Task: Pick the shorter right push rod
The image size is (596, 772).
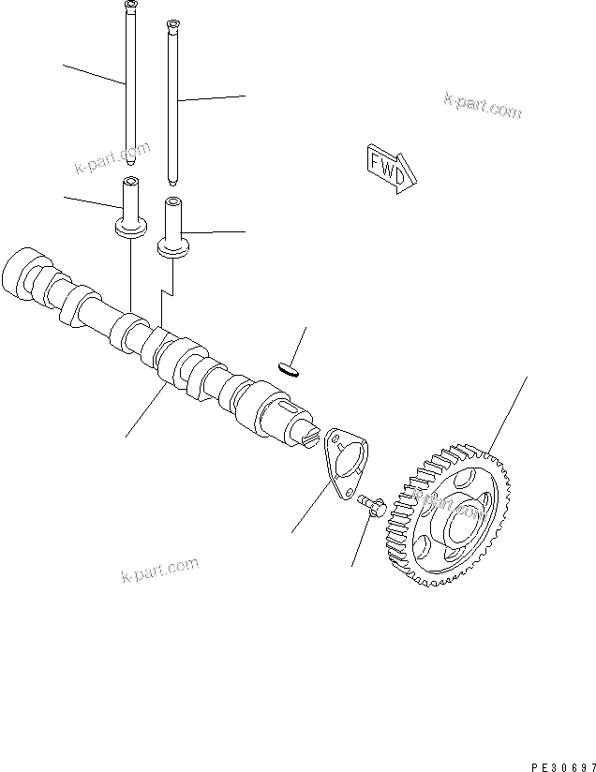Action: point(171,103)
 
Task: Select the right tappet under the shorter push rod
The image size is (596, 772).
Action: point(171,225)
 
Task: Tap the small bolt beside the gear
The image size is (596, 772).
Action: point(372,507)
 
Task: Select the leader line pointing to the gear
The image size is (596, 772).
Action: point(507,412)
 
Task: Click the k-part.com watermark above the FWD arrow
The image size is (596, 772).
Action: point(482,106)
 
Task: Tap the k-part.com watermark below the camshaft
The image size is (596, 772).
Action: point(160,569)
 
